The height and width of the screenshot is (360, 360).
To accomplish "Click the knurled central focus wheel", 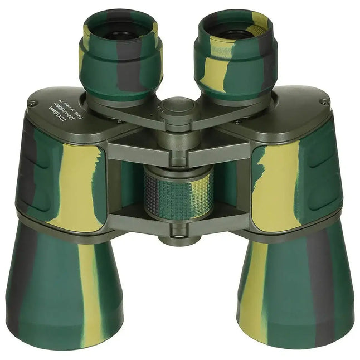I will click(179, 193).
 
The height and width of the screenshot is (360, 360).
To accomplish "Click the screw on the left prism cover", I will click(33, 103).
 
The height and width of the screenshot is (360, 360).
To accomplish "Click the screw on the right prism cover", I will click(324, 102).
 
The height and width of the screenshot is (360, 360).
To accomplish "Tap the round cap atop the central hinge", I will click(179, 108).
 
